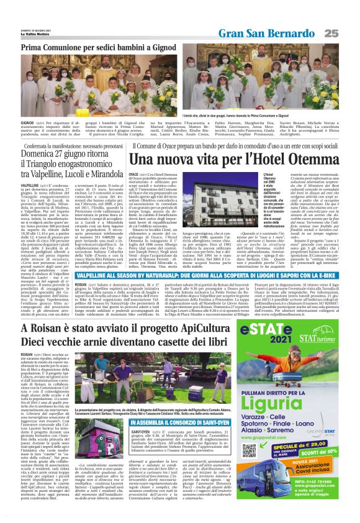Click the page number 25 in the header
349,33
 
